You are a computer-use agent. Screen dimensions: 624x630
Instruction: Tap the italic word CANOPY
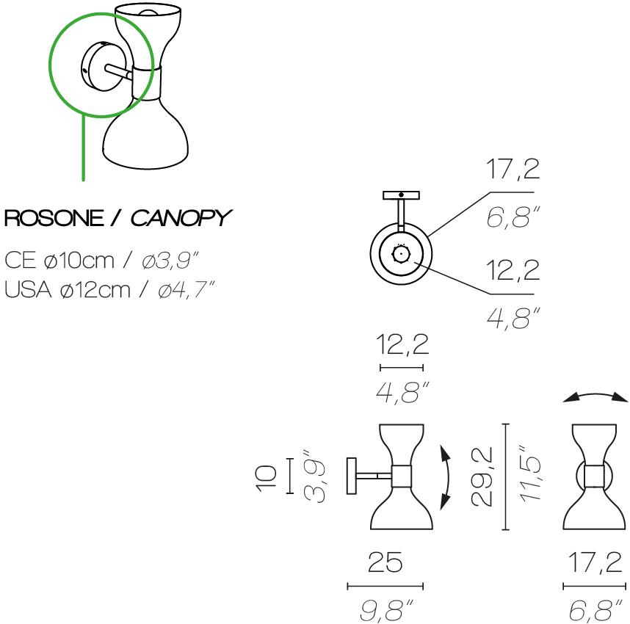coord(181,218)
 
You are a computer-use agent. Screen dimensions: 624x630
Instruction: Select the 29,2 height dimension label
coord(481,476)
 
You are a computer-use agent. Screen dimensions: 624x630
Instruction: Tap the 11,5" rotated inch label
coord(530,474)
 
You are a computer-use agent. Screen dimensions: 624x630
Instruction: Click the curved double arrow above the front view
coord(596,397)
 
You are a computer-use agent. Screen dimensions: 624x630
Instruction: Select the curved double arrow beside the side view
coord(445,478)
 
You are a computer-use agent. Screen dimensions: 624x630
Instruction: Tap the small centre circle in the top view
coord(401,254)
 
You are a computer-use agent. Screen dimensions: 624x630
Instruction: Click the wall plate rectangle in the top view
coord(401,195)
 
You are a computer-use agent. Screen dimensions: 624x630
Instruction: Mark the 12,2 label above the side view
coord(402,344)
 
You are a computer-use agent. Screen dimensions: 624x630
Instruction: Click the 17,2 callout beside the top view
coord(513,170)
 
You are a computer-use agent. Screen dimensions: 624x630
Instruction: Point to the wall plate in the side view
coord(352,476)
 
